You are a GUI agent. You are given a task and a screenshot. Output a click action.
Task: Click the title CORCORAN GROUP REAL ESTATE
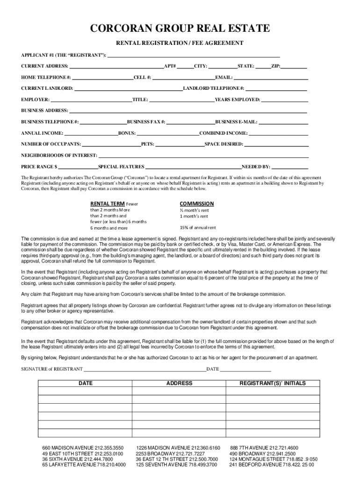(180, 29)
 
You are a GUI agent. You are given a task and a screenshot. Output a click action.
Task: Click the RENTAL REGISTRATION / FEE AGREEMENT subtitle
(180, 43)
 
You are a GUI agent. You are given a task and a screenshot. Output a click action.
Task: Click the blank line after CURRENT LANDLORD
(128, 89)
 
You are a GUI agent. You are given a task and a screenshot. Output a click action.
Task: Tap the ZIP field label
(276, 66)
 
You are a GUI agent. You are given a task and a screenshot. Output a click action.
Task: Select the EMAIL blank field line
(271, 78)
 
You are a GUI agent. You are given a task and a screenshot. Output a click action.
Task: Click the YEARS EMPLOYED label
(237, 100)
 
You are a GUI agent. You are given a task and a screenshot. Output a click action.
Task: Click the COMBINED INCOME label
(223, 133)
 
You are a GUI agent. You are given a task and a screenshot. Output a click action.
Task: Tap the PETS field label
(147, 145)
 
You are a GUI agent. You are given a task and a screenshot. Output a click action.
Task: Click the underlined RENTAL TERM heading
(108, 204)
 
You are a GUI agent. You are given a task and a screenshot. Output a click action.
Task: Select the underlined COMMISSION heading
(197, 203)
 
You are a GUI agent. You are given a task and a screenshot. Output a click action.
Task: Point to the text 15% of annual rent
(198, 228)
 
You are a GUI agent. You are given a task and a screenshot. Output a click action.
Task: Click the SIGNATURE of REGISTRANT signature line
(145, 370)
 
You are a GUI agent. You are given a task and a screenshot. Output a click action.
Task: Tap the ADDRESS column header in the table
(179, 384)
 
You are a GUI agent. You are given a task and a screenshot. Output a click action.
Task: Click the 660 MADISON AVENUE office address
(83, 448)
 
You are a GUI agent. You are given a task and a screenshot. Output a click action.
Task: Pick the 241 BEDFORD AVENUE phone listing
(271, 465)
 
